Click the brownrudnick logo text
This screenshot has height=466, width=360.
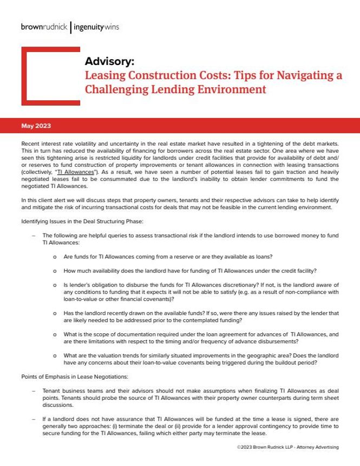click(44, 25)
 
